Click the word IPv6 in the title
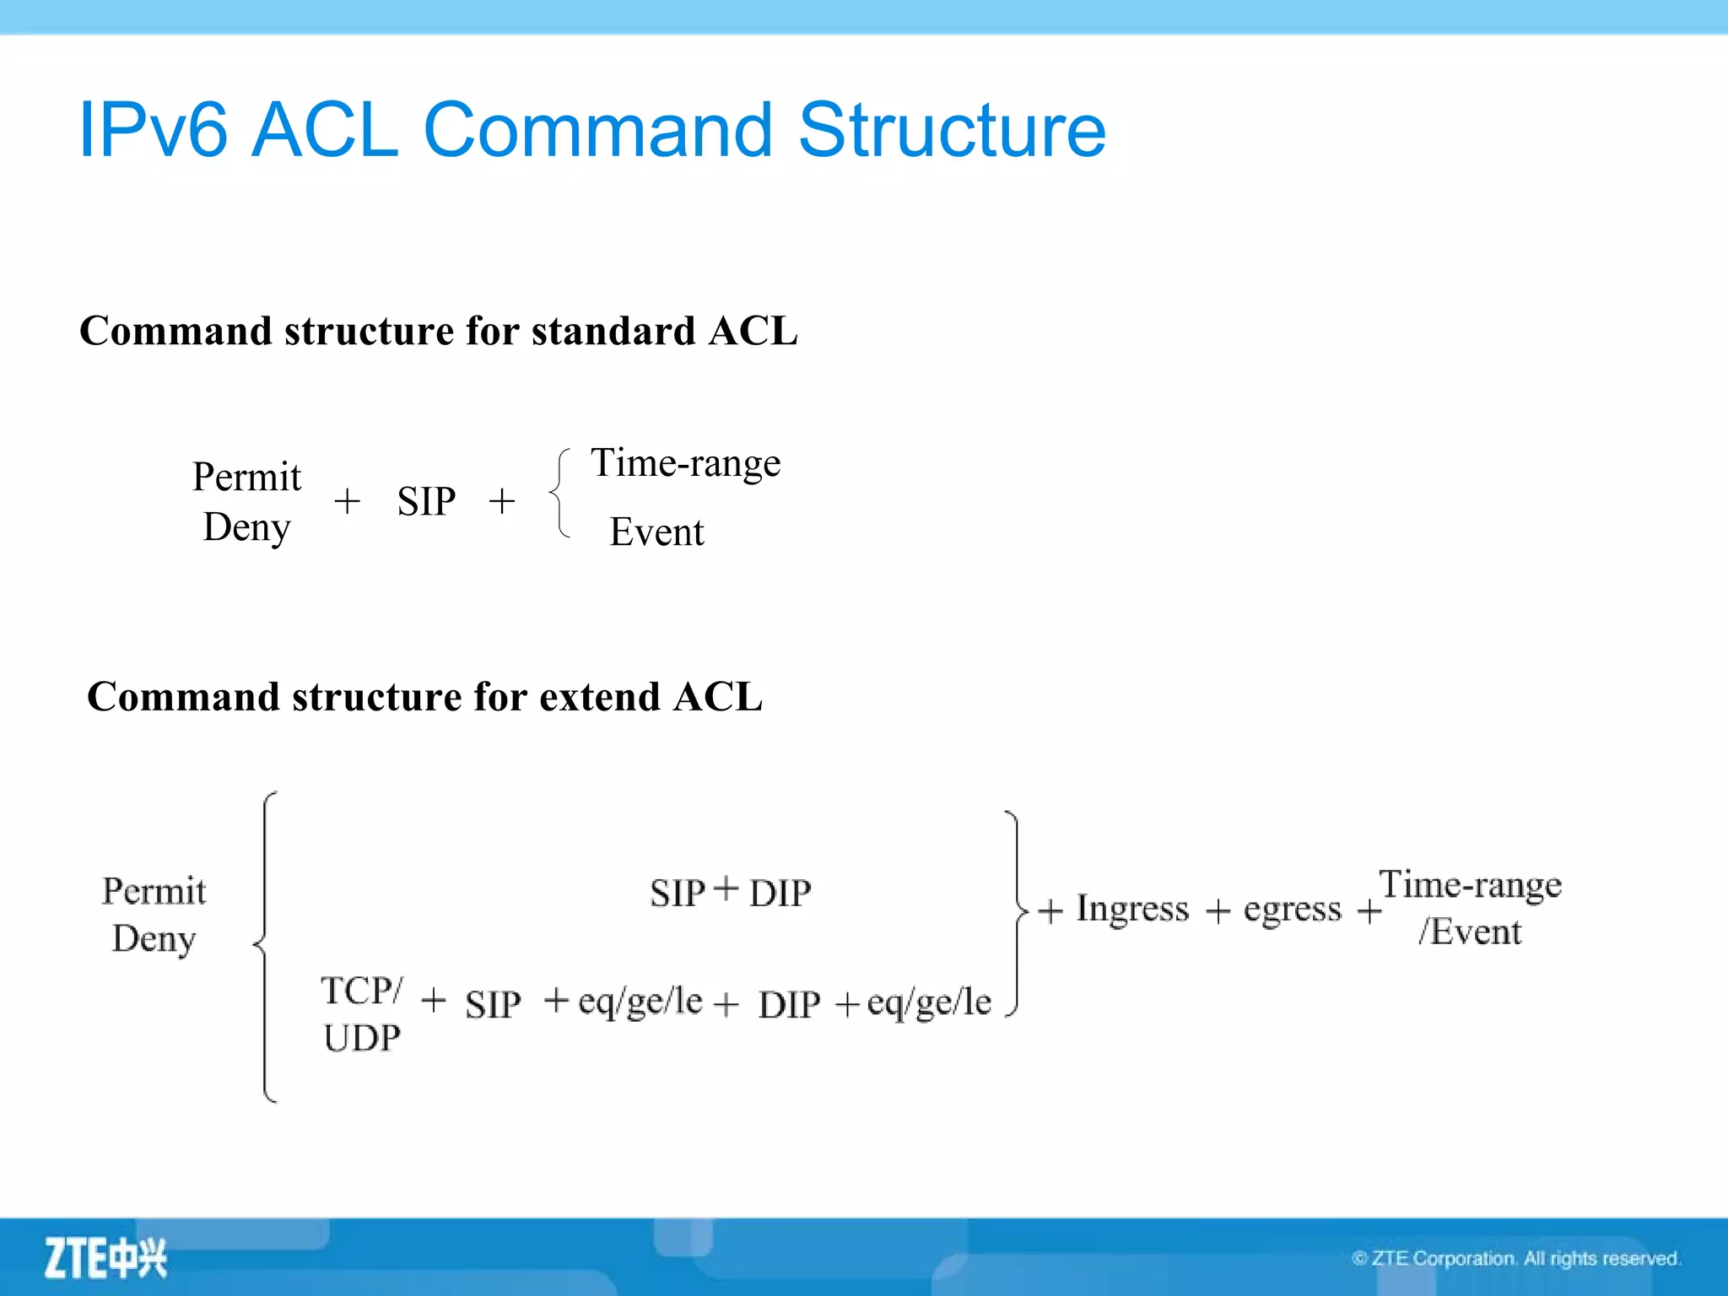pos(153,131)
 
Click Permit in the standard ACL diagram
pos(246,478)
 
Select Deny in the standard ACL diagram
pos(246,528)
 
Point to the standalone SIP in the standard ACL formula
pos(426,502)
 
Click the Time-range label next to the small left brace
pos(685,464)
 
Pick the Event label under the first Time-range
pos(656,532)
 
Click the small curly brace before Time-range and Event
pos(559,493)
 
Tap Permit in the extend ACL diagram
pos(154,892)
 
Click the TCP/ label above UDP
pos(362,991)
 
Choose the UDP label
pos(362,1038)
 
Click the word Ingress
pos(1131,910)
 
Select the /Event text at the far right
pos(1469,932)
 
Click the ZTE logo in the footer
pos(105,1258)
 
